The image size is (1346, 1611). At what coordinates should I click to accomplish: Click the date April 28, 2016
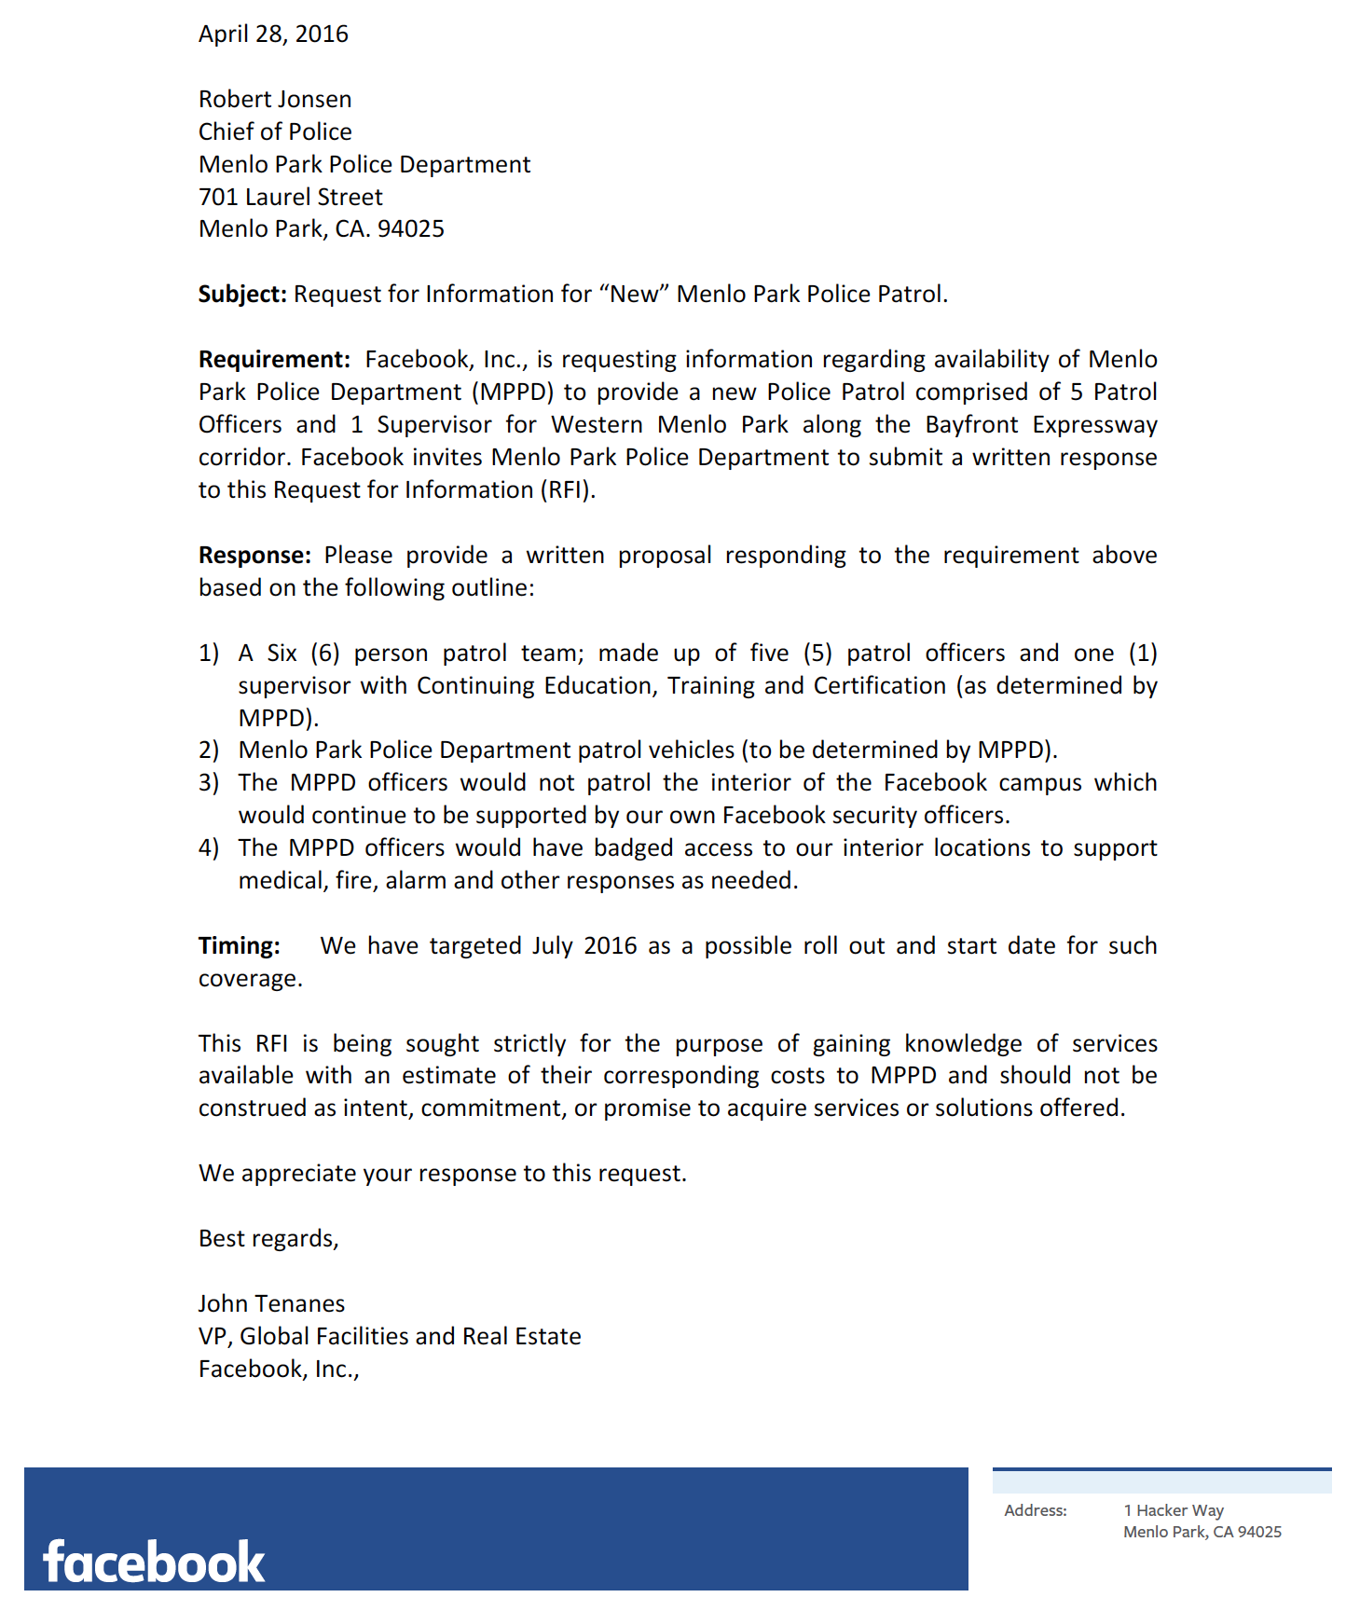click(273, 34)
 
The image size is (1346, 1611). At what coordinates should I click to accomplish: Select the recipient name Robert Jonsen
click(275, 100)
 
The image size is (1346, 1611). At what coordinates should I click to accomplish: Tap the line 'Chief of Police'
click(275, 132)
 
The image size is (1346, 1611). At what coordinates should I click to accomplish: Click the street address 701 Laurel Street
click(290, 198)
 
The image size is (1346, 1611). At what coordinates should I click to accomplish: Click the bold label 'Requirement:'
click(274, 360)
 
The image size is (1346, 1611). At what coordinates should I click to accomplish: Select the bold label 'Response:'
click(254, 556)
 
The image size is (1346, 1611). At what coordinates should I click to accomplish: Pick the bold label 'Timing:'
click(239, 946)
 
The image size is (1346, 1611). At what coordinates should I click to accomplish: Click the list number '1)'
click(209, 654)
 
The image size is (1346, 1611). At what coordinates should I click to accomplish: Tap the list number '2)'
click(209, 750)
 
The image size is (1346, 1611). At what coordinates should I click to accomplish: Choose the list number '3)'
click(209, 783)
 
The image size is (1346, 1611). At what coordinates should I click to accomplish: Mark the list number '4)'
click(209, 848)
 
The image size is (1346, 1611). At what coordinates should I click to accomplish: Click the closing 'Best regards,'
click(268, 1239)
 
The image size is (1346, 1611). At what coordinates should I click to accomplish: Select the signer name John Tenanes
click(271, 1304)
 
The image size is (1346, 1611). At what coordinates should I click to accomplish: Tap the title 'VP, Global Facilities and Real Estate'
click(390, 1337)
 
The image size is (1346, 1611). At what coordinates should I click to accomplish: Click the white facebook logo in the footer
click(154, 1563)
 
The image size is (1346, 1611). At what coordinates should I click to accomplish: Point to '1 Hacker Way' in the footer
click(1174, 1510)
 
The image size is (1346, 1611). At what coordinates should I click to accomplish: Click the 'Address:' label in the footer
click(1036, 1510)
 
